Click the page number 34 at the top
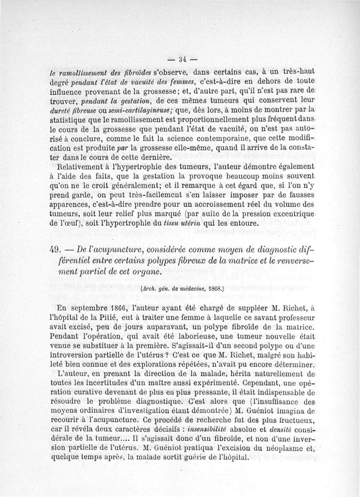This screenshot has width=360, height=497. pyautogui.click(x=182, y=58)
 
